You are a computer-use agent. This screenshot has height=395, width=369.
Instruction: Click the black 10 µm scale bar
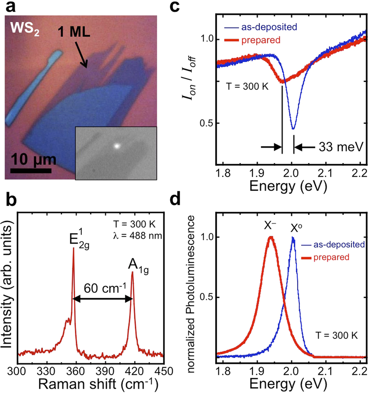coord(30,170)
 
